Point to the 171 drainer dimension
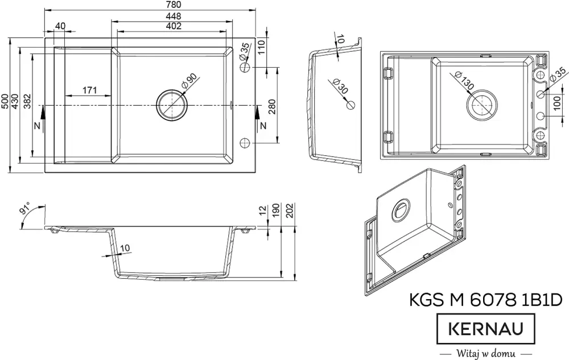[x=90, y=90]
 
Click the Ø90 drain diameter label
[x=189, y=81]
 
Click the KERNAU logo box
[x=486, y=329]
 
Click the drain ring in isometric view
[x=401, y=210]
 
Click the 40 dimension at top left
[x=60, y=26]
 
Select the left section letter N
[x=36, y=125]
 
